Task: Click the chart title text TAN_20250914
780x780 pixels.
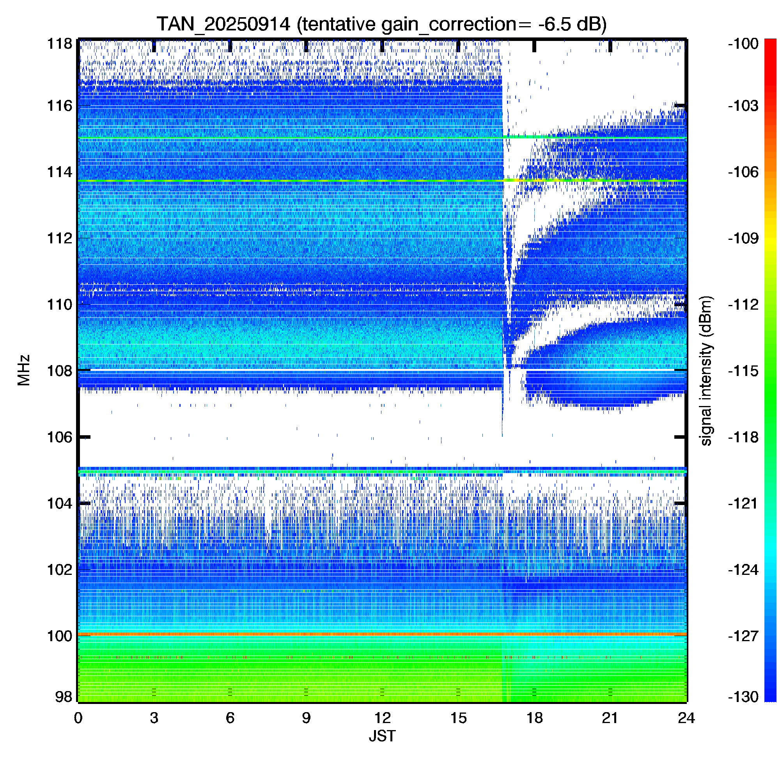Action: tap(223, 24)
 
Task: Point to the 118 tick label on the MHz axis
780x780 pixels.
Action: tap(60, 44)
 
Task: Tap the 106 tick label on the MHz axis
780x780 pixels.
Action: tap(60, 437)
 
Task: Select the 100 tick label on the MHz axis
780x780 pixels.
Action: tap(60, 636)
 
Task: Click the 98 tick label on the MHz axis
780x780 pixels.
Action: tap(64, 697)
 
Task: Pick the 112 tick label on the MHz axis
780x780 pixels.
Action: tap(60, 238)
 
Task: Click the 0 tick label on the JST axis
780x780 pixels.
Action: tap(78, 718)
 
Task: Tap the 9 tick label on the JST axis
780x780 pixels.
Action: tap(306, 718)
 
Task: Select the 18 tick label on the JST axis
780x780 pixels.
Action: tap(534, 718)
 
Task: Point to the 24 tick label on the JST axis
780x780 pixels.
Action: tap(686, 718)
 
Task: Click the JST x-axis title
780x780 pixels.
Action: tap(382, 736)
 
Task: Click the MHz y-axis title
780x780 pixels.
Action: tap(24, 370)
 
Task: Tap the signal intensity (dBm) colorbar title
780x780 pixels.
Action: tap(706, 370)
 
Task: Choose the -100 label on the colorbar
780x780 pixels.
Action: tap(743, 44)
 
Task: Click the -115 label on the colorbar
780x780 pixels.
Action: tap(743, 370)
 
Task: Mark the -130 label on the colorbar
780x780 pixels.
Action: tap(743, 697)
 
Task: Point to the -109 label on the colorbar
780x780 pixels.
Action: tap(743, 238)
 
